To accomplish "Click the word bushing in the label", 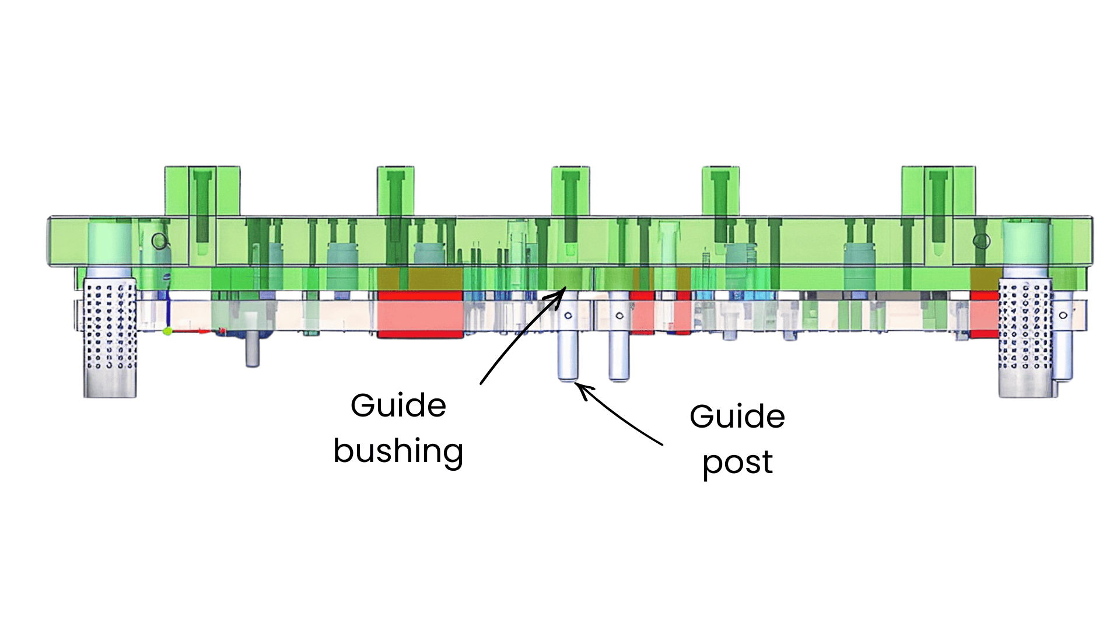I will coord(398,452).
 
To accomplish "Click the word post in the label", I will coord(737,463).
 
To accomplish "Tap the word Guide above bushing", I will coord(398,405).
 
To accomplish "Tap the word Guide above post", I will coord(737,416).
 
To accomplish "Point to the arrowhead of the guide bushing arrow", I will coord(563,290).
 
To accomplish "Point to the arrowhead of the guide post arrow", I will coord(579,386).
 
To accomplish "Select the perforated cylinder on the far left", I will coord(110,327).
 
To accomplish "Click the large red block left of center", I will coord(420,315).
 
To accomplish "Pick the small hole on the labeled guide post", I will coord(568,316).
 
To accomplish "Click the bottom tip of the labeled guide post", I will coord(568,379).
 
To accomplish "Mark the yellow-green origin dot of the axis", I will coord(167,331).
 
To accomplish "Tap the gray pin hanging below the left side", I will coord(252,350).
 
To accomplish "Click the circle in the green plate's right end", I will coord(982,241).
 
